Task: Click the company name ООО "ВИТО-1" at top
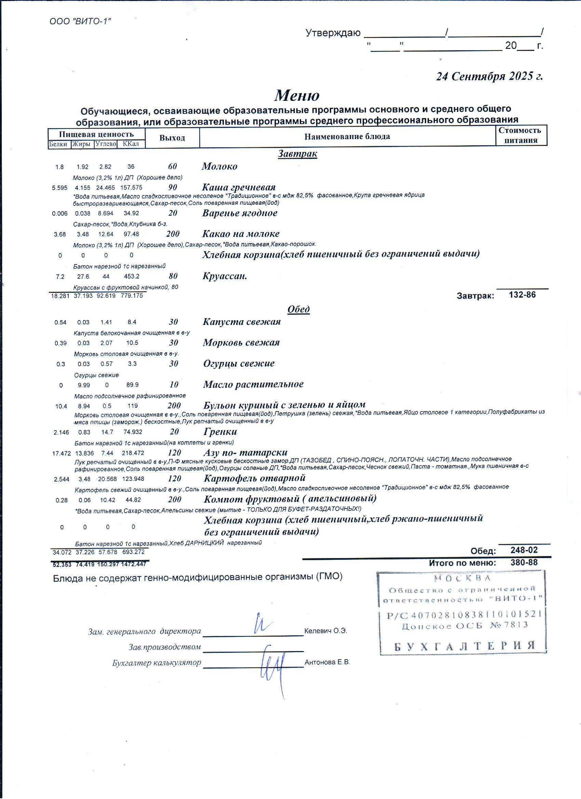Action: point(80,22)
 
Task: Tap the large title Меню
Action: point(297,95)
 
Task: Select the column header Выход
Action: point(172,138)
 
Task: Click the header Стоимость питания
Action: point(521,135)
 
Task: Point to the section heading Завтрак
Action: point(297,153)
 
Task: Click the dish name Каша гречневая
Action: point(239,187)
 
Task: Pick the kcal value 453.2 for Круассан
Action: point(132,276)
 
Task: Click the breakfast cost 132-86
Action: point(522,295)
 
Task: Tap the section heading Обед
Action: point(298,309)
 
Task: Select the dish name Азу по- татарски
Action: point(245,452)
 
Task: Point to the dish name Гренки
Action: point(220,432)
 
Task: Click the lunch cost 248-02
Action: point(524,550)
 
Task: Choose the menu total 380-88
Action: point(524,562)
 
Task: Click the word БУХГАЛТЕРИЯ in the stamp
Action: point(464,646)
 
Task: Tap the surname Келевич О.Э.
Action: point(325,631)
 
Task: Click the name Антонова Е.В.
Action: point(327,662)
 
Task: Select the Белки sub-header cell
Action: point(58,144)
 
